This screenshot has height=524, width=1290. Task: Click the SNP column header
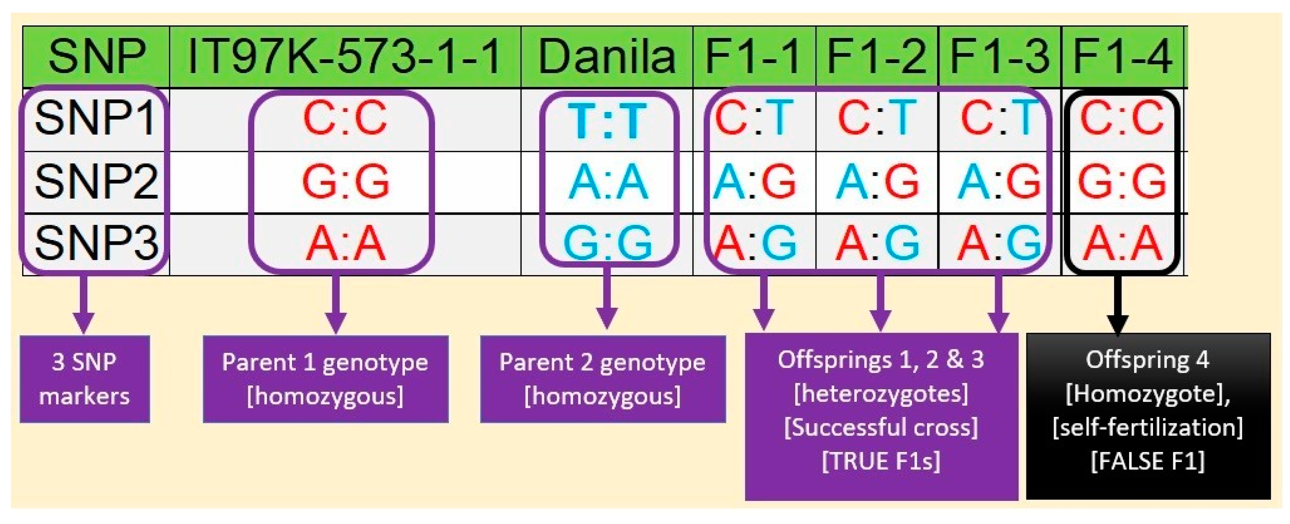(96, 57)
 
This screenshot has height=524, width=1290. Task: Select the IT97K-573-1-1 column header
(345, 57)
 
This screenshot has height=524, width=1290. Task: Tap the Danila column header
(606, 57)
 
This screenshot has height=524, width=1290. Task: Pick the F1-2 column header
(876, 57)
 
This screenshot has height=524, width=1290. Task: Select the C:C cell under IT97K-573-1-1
(345, 119)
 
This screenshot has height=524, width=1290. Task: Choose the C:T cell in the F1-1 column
(754, 119)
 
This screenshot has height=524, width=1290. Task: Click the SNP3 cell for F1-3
(999, 244)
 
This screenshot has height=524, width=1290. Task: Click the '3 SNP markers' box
(84, 379)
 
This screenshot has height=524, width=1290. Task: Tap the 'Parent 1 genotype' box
(326, 379)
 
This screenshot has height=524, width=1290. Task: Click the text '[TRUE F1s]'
(881, 461)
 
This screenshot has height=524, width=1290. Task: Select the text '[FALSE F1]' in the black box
(1148, 461)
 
